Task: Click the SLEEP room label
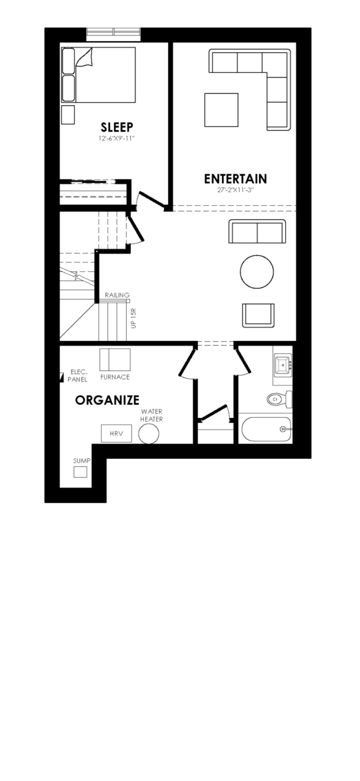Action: (x=117, y=127)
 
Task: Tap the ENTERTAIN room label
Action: (x=236, y=179)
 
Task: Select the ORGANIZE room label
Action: (x=107, y=400)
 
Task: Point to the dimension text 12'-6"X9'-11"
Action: (x=117, y=139)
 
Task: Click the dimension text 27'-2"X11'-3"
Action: (x=236, y=190)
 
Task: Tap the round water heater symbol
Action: (x=149, y=434)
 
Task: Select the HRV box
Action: (x=116, y=433)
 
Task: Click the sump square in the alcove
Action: (x=80, y=472)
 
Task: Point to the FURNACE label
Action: (x=115, y=377)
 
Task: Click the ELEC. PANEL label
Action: (x=77, y=376)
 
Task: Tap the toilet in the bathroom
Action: (x=280, y=399)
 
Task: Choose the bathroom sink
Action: (x=283, y=364)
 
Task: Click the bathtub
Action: (x=266, y=429)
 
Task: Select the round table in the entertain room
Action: (x=256, y=272)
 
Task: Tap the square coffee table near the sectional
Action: (x=221, y=110)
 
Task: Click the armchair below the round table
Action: (x=258, y=315)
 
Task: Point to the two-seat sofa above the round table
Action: (x=257, y=231)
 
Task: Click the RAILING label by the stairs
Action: (x=117, y=295)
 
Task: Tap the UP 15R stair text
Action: (x=134, y=318)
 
